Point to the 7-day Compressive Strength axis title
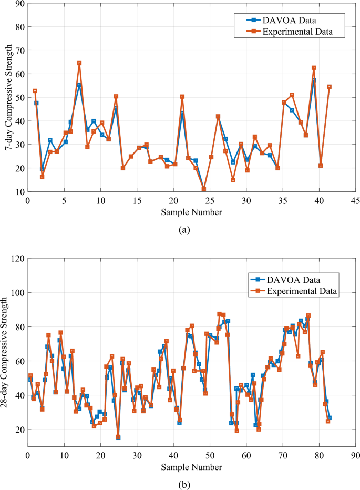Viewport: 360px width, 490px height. coord(9,97)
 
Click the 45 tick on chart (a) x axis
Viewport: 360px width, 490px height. coord(355,201)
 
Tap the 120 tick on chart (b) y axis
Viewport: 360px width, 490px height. coord(17,259)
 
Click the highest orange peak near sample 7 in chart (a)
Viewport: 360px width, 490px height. coord(79,63)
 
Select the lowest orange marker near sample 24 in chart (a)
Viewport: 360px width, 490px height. coord(204,189)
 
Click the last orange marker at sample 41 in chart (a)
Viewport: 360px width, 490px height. coord(330,87)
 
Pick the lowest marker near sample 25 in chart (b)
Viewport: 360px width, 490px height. coord(118,436)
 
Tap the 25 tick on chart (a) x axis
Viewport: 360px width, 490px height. coord(210,201)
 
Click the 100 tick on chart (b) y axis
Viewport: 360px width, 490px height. coord(17,292)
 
